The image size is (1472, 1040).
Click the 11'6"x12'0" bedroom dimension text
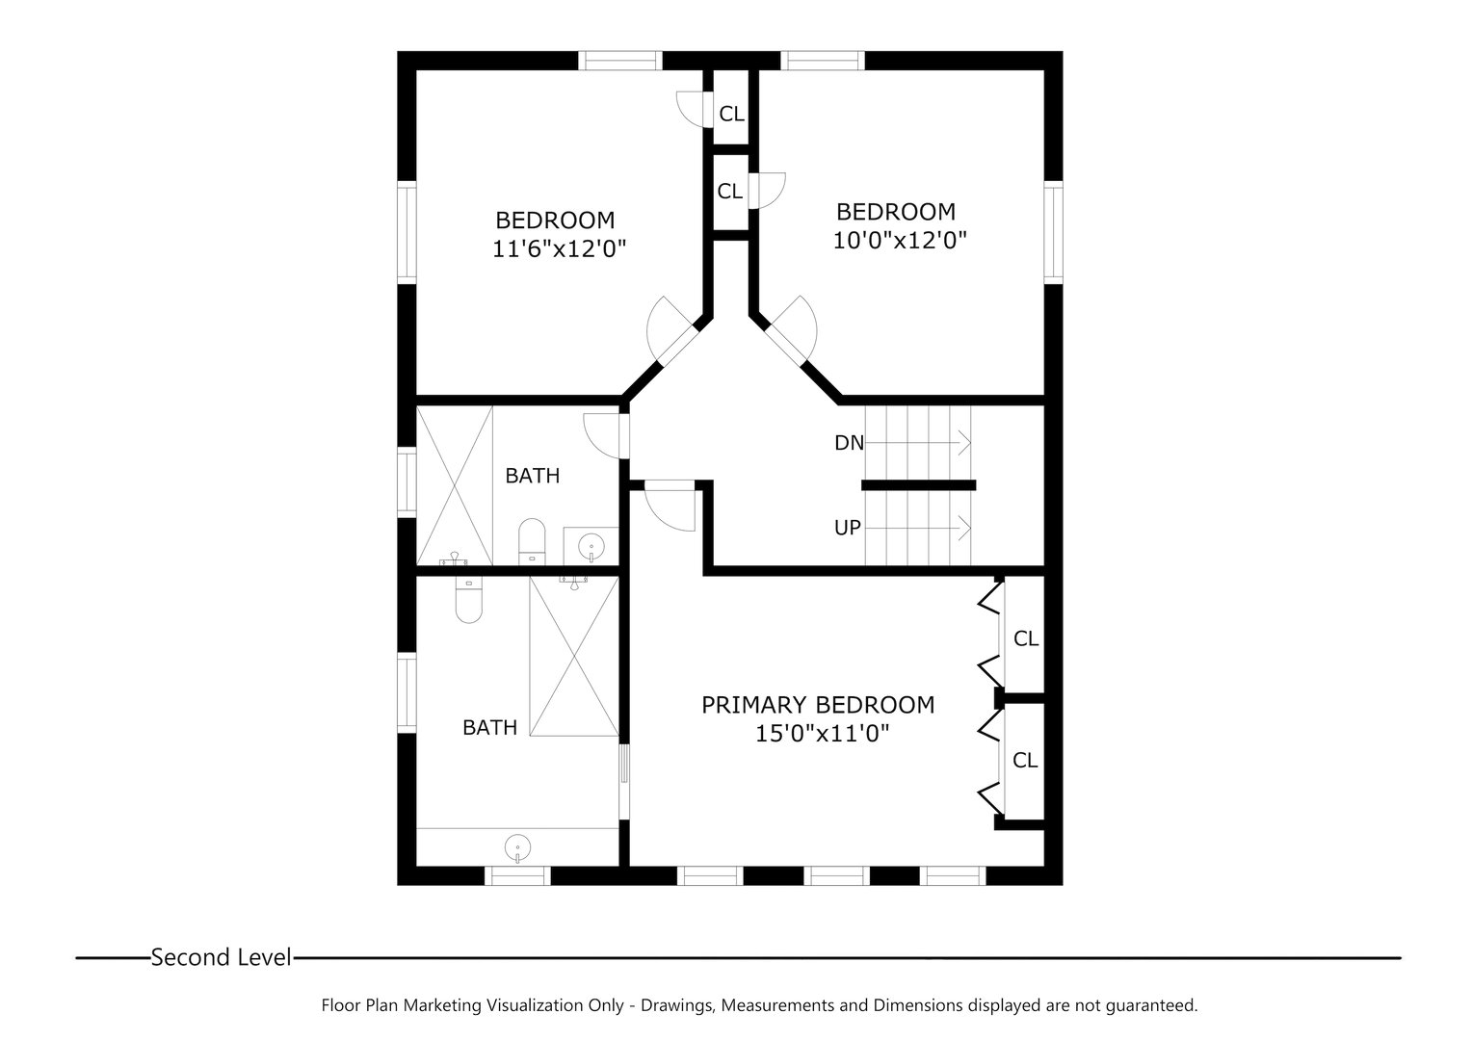(x=559, y=249)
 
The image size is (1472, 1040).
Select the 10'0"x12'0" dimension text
(x=899, y=240)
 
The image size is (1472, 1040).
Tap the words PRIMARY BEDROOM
(x=817, y=705)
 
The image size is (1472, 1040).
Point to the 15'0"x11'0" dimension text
(x=821, y=734)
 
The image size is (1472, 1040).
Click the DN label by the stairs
(x=849, y=443)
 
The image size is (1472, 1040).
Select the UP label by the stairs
(x=848, y=528)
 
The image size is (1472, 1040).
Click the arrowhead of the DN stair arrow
(x=964, y=443)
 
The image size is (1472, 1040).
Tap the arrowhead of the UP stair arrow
(x=964, y=527)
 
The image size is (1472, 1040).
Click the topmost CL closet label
(x=731, y=114)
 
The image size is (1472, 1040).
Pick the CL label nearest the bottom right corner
(x=1025, y=761)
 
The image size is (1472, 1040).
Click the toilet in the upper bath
(x=531, y=541)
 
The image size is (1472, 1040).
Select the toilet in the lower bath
(x=467, y=601)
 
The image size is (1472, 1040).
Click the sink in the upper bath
(x=589, y=547)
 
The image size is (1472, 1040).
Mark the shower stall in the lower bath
(x=573, y=657)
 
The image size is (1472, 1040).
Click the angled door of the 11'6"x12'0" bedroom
(x=669, y=332)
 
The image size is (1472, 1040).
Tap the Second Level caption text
(x=221, y=957)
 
